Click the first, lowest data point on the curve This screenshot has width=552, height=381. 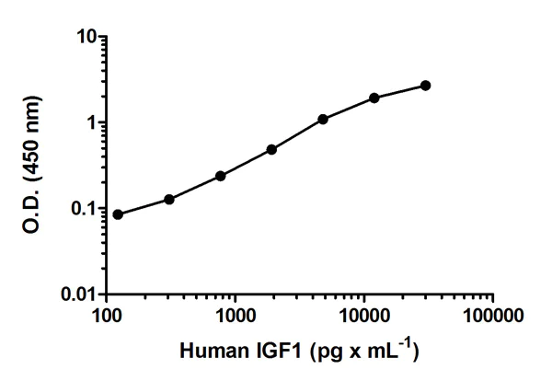pyautogui.click(x=118, y=214)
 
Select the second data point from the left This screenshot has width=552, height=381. pyautogui.click(x=169, y=200)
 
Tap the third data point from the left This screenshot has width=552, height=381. pyautogui.click(x=221, y=176)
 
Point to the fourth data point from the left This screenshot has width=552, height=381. pyautogui.click(x=272, y=149)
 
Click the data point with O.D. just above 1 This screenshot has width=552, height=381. pyautogui.click(x=324, y=119)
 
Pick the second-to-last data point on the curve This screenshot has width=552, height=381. pyautogui.click(x=374, y=98)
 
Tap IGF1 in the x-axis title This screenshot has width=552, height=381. pyautogui.click(x=276, y=351)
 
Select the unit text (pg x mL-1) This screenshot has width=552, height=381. pyautogui.click(x=364, y=350)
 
